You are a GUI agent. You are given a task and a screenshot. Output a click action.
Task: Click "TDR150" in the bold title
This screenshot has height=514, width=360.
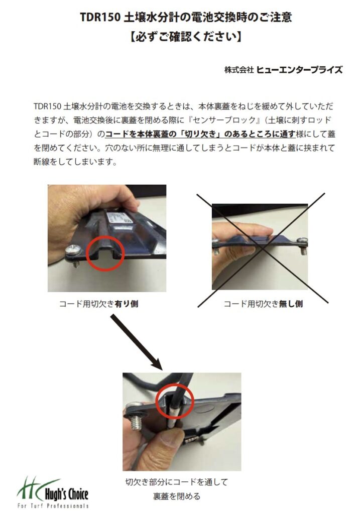(x=99, y=17)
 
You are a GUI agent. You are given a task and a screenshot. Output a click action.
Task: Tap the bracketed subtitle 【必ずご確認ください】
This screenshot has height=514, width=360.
(x=185, y=36)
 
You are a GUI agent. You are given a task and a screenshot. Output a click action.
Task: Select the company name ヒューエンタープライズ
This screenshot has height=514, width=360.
(x=299, y=70)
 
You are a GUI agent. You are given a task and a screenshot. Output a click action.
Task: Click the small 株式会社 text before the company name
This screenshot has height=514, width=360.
(x=239, y=70)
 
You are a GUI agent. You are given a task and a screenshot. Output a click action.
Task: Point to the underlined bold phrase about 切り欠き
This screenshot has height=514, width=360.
(x=200, y=134)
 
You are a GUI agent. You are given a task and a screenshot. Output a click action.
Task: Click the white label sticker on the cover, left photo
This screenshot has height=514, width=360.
(x=119, y=217)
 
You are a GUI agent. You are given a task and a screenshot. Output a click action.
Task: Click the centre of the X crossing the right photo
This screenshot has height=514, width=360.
(x=262, y=249)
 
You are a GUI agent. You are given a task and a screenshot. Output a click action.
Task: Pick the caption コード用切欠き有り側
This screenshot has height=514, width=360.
(x=99, y=304)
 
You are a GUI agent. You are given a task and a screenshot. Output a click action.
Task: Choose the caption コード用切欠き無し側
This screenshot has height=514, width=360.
(x=263, y=304)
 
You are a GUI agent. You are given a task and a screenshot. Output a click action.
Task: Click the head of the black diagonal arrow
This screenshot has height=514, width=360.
(x=157, y=364)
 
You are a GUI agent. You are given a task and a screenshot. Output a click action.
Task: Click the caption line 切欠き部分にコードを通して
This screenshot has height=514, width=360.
(x=176, y=482)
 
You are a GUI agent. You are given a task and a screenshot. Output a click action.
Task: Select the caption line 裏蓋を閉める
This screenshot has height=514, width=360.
(x=176, y=496)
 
